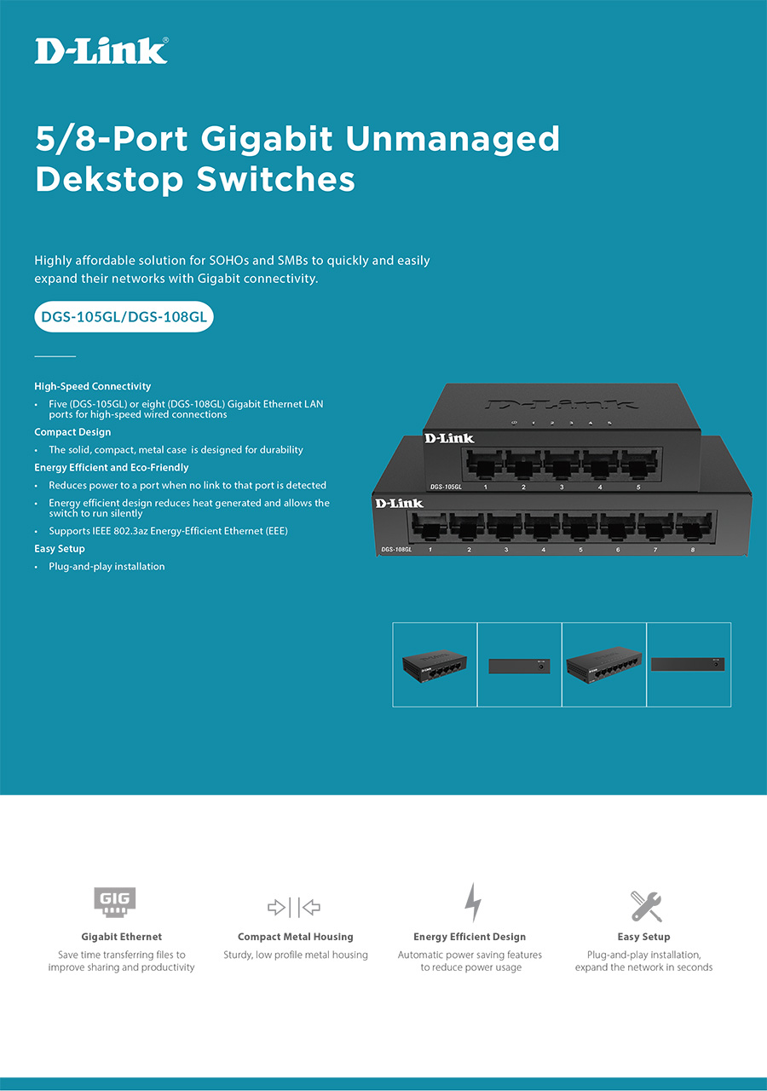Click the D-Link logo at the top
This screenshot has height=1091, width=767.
tap(101, 51)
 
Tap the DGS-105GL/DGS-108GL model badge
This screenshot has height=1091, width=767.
tap(124, 318)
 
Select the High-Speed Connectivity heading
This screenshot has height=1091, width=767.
tap(93, 386)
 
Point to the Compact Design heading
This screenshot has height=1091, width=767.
tap(72, 432)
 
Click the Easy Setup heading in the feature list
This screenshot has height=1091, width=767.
tap(60, 549)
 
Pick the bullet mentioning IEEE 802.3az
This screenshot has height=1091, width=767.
tap(168, 531)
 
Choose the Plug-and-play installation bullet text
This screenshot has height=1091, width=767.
tap(107, 567)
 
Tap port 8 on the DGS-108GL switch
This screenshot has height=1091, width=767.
tap(692, 528)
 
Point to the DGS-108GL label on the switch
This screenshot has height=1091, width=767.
tap(397, 550)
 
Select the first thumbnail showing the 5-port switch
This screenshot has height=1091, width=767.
tap(435, 665)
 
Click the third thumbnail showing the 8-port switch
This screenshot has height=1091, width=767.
tap(604, 665)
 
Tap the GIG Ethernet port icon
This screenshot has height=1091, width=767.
tap(115, 902)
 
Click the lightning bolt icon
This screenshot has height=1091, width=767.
tap(472, 903)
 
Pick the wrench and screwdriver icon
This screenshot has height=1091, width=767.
tap(646, 906)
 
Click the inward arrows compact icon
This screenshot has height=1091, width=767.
tap(294, 907)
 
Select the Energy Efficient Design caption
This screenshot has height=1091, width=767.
tap(470, 937)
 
